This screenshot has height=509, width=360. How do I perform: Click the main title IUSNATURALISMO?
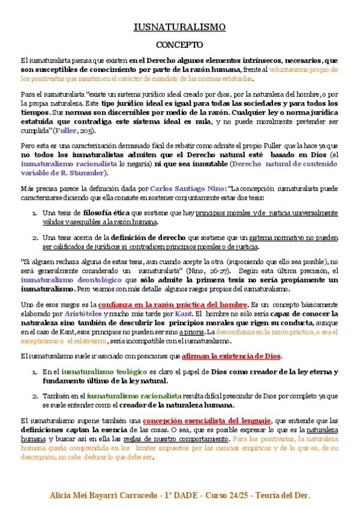pos(179,27)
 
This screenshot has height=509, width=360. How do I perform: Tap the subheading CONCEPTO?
pos(179,45)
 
